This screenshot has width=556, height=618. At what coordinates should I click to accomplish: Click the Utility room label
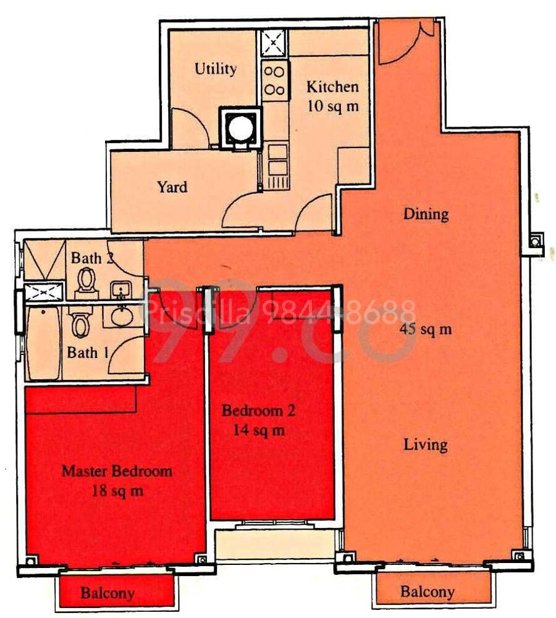pos(216,69)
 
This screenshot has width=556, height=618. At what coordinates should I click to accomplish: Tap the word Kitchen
pos(333,86)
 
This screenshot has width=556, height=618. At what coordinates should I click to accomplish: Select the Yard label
pos(172,187)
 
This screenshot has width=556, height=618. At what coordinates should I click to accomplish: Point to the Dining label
pos(426,214)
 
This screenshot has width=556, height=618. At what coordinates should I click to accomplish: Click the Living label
pos(426,445)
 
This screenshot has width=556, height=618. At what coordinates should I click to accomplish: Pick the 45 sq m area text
pos(426,328)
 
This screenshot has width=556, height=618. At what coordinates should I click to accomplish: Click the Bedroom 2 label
pos(258,411)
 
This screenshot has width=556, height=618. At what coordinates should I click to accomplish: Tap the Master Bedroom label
pos(117,471)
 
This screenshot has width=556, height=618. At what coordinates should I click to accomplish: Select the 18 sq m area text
pos(117,491)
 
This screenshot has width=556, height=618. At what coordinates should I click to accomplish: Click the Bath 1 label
pos(88,353)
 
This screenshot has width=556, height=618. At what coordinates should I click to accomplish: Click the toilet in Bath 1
pos(80,322)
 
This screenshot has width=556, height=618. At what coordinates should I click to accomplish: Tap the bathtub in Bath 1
pos(43,342)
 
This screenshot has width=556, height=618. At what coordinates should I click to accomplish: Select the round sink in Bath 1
pos(122,317)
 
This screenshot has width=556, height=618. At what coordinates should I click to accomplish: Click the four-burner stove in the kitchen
pos(274,81)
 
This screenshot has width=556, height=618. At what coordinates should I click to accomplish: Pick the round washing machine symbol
pos(240,127)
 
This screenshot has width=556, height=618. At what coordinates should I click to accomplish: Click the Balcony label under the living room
pos(428,591)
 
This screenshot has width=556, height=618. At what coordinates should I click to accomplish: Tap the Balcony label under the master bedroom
pos(107,593)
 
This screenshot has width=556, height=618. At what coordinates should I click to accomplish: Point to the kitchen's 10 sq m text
pos(333,106)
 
